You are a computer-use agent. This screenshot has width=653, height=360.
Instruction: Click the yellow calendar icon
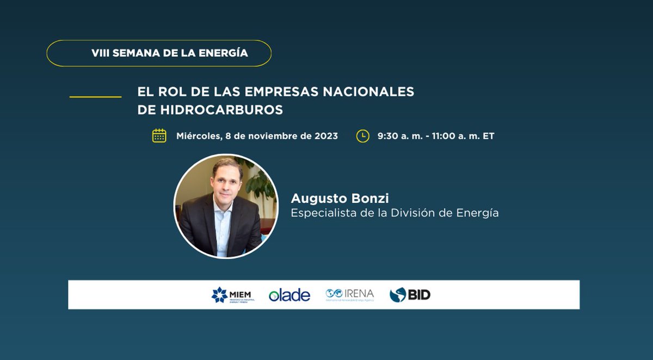point(159,136)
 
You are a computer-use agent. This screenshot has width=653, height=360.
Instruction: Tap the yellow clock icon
point(362,136)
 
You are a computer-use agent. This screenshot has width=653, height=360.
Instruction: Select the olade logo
point(289,295)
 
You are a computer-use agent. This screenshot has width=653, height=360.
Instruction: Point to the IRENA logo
point(349,294)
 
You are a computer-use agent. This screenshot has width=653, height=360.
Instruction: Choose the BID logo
point(410,295)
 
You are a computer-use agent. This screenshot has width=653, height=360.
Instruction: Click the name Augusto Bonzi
point(340,198)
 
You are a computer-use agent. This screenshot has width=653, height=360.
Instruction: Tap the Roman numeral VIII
point(100,53)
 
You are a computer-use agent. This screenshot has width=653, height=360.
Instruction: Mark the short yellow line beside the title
point(95,97)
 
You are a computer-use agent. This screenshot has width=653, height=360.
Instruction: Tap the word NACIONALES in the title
point(376,92)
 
